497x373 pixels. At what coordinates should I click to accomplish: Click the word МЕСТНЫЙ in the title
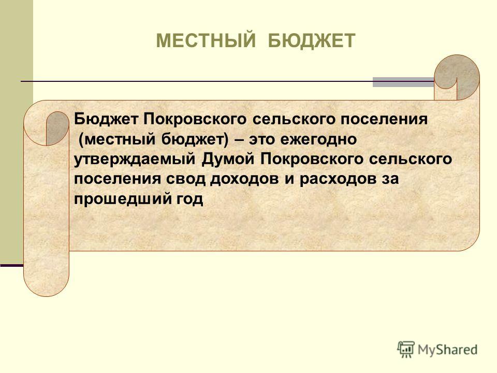tap(206, 40)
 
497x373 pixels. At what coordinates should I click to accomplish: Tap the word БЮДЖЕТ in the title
tap(312, 40)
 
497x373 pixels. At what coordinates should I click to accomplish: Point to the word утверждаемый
tap(135, 160)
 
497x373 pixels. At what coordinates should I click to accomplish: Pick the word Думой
tap(228, 159)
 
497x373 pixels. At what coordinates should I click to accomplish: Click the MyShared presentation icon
tap(406, 350)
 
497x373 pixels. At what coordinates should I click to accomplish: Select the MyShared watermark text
tap(447, 350)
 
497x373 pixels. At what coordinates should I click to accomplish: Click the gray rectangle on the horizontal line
tap(403, 82)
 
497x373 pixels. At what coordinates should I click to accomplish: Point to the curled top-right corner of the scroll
tap(457, 77)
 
